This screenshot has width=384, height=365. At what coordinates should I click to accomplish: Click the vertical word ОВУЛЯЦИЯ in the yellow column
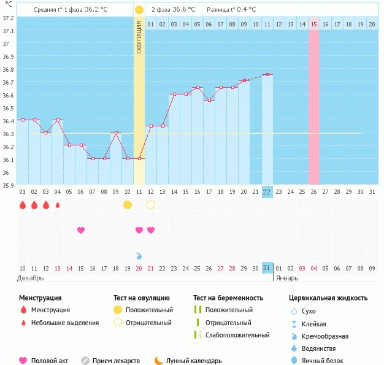tap(139, 37)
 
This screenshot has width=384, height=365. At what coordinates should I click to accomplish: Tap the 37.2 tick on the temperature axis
tap(8, 18)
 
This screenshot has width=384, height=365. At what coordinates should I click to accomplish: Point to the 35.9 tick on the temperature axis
tap(8, 185)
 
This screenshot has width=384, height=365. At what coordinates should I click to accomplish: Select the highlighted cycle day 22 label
tap(267, 191)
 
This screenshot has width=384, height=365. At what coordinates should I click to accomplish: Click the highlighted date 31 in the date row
tap(267, 267)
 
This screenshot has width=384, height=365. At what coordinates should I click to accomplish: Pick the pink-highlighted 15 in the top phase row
tap(313, 24)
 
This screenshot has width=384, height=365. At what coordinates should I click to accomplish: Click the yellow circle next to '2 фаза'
tap(139, 10)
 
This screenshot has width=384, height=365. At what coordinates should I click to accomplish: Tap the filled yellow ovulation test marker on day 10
tap(127, 204)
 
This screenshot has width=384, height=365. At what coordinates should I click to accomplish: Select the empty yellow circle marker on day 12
tap(151, 204)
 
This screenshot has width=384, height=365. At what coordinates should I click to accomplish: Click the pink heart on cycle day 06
tap(80, 230)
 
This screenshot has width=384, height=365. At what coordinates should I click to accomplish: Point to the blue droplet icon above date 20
tap(139, 255)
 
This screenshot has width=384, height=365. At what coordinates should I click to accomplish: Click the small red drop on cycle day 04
tap(58, 205)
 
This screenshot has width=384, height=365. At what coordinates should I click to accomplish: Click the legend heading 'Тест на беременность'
tap(228, 298)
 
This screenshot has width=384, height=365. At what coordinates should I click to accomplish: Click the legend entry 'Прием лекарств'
tap(116, 361)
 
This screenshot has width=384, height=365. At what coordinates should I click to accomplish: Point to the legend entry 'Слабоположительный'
tap(237, 335)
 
